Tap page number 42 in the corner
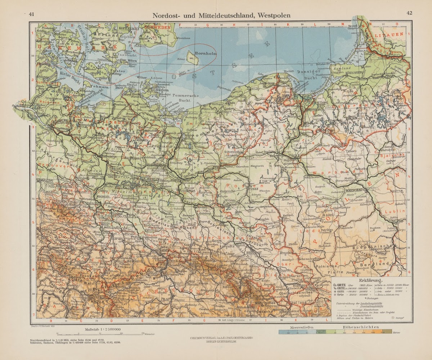(409, 13)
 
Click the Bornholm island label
(202, 54)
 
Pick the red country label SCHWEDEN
(157, 27)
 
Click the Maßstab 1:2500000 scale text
(103, 329)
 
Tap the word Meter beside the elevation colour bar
(397, 332)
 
